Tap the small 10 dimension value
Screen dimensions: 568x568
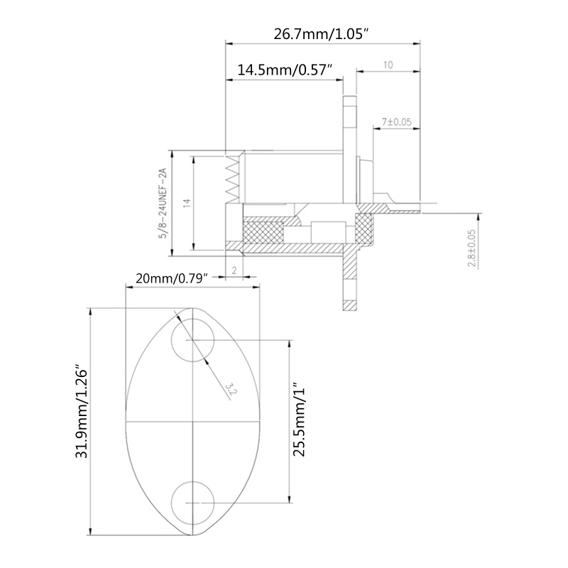[x=388, y=65]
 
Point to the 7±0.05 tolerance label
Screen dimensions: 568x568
[x=397, y=122]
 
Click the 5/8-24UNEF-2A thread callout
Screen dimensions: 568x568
[x=162, y=202]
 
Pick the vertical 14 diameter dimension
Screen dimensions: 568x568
[x=187, y=202]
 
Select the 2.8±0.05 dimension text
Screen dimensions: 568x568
[x=472, y=249]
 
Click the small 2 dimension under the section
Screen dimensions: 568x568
[x=234, y=271]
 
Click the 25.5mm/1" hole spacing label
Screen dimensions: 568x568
[x=299, y=422]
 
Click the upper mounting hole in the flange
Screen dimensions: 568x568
[x=193, y=341]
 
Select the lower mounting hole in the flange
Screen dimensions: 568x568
[x=193, y=501]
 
